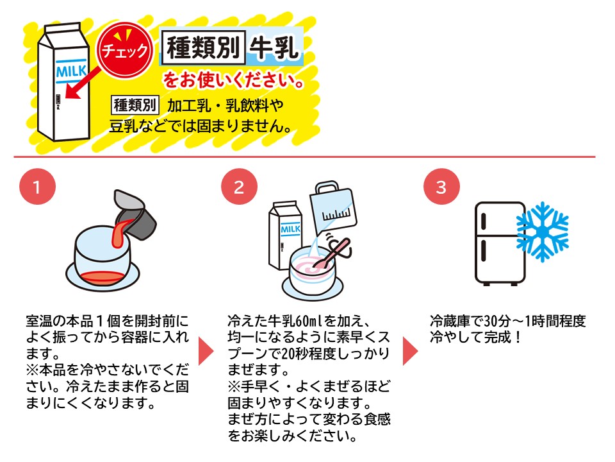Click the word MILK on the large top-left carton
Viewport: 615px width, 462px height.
(70, 70)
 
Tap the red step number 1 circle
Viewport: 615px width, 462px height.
(37, 187)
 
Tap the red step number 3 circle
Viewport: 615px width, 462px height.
(440, 187)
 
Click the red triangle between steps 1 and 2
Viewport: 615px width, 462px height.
(206, 350)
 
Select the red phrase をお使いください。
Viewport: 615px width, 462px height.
(233, 81)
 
